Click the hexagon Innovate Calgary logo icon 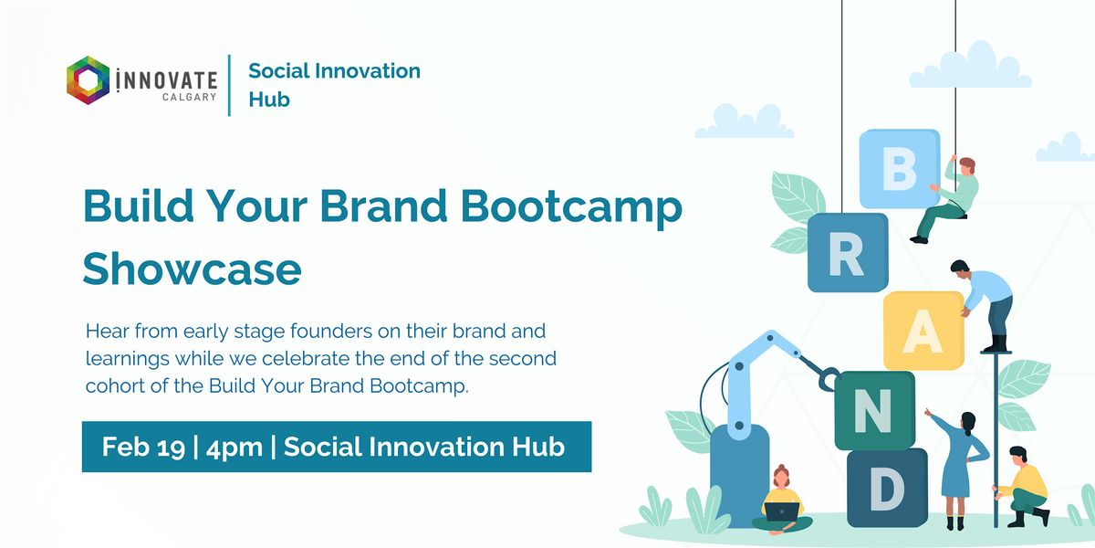click(x=88, y=80)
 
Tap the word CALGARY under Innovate click(x=190, y=97)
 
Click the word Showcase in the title click(x=193, y=269)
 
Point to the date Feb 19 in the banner click(x=144, y=448)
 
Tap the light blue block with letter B click(x=900, y=169)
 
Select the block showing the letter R click(x=848, y=253)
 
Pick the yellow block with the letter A click(x=923, y=331)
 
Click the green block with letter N click(x=874, y=410)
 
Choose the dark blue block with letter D click(x=887, y=488)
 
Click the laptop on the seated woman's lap click(x=782, y=511)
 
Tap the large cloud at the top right click(x=971, y=66)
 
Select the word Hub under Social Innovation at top click(x=269, y=100)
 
